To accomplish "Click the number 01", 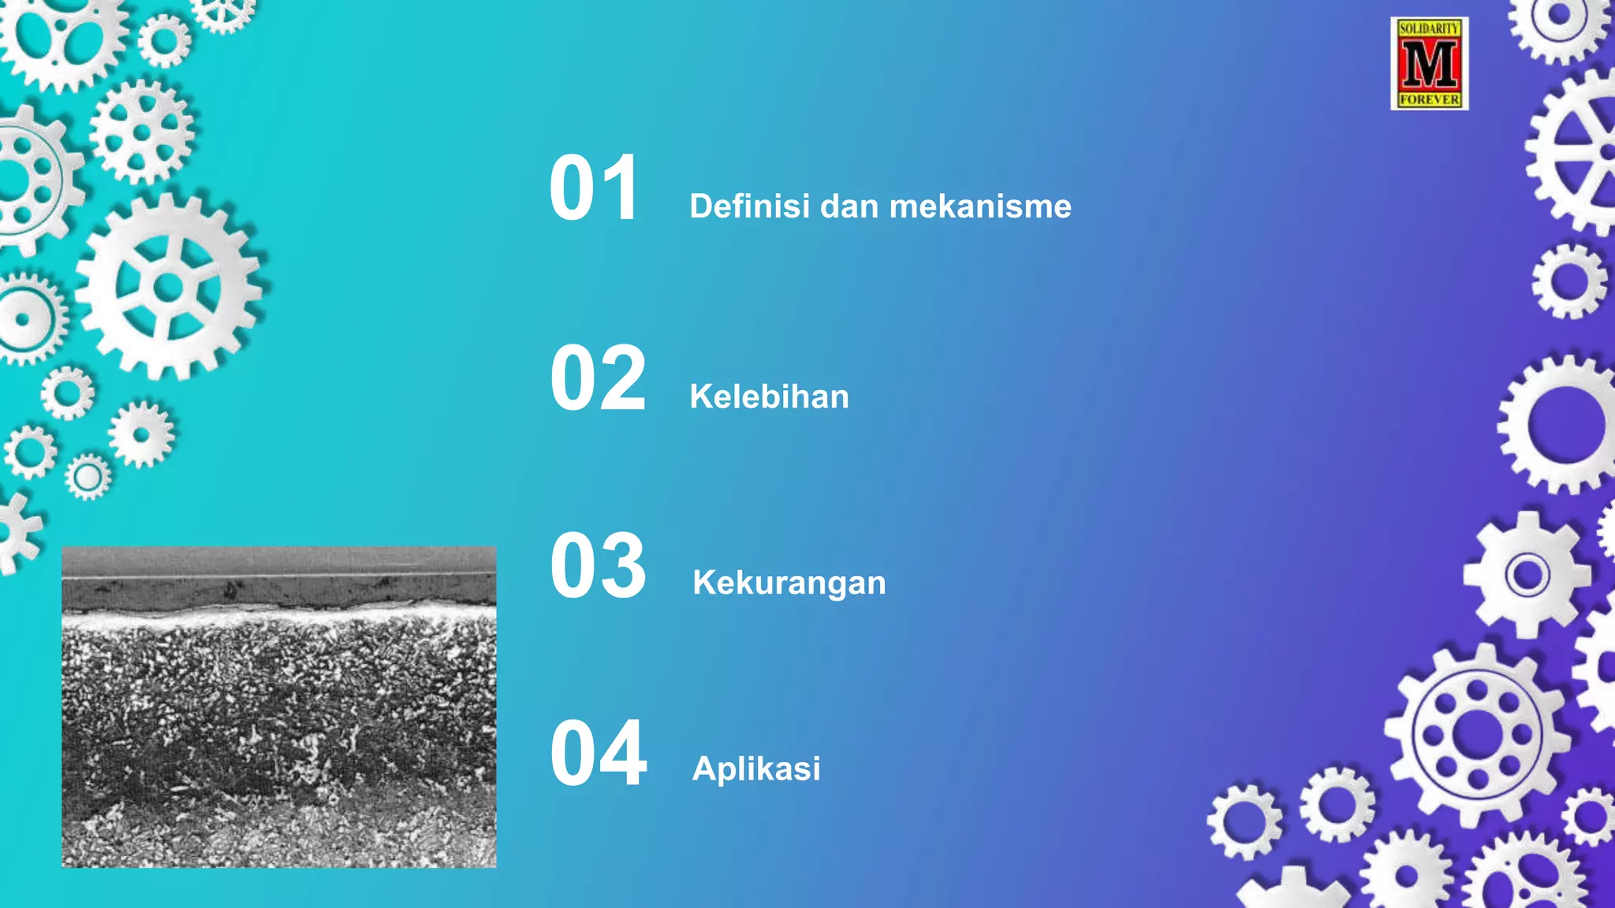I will click(594, 188).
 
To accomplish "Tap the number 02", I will click(598, 379).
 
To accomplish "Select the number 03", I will click(598, 566).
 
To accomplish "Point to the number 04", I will click(598, 754).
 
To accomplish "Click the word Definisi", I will click(749, 207).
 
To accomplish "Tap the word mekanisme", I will click(980, 207).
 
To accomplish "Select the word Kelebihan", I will click(769, 396).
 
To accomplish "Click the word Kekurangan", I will click(789, 583).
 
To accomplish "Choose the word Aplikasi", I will click(755, 768).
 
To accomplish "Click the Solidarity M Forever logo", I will click(1429, 64).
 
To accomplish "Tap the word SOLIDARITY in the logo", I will click(1429, 28).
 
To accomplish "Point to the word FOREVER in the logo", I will click(1429, 100).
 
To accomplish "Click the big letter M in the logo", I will click(1429, 64).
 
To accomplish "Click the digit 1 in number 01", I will click(620, 188).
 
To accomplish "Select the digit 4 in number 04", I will click(623, 754).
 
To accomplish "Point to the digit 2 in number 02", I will click(623, 379).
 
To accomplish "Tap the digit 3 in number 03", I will click(623, 566).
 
